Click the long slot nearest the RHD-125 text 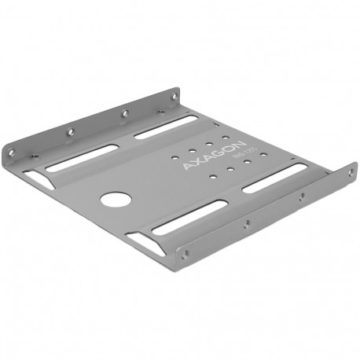(x=273, y=178)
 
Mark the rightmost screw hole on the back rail (x=174, y=96)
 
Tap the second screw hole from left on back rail (x=70, y=130)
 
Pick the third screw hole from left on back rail (x=123, y=113)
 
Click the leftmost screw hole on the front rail (x=186, y=252)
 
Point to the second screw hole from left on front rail (x=246, y=224)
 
